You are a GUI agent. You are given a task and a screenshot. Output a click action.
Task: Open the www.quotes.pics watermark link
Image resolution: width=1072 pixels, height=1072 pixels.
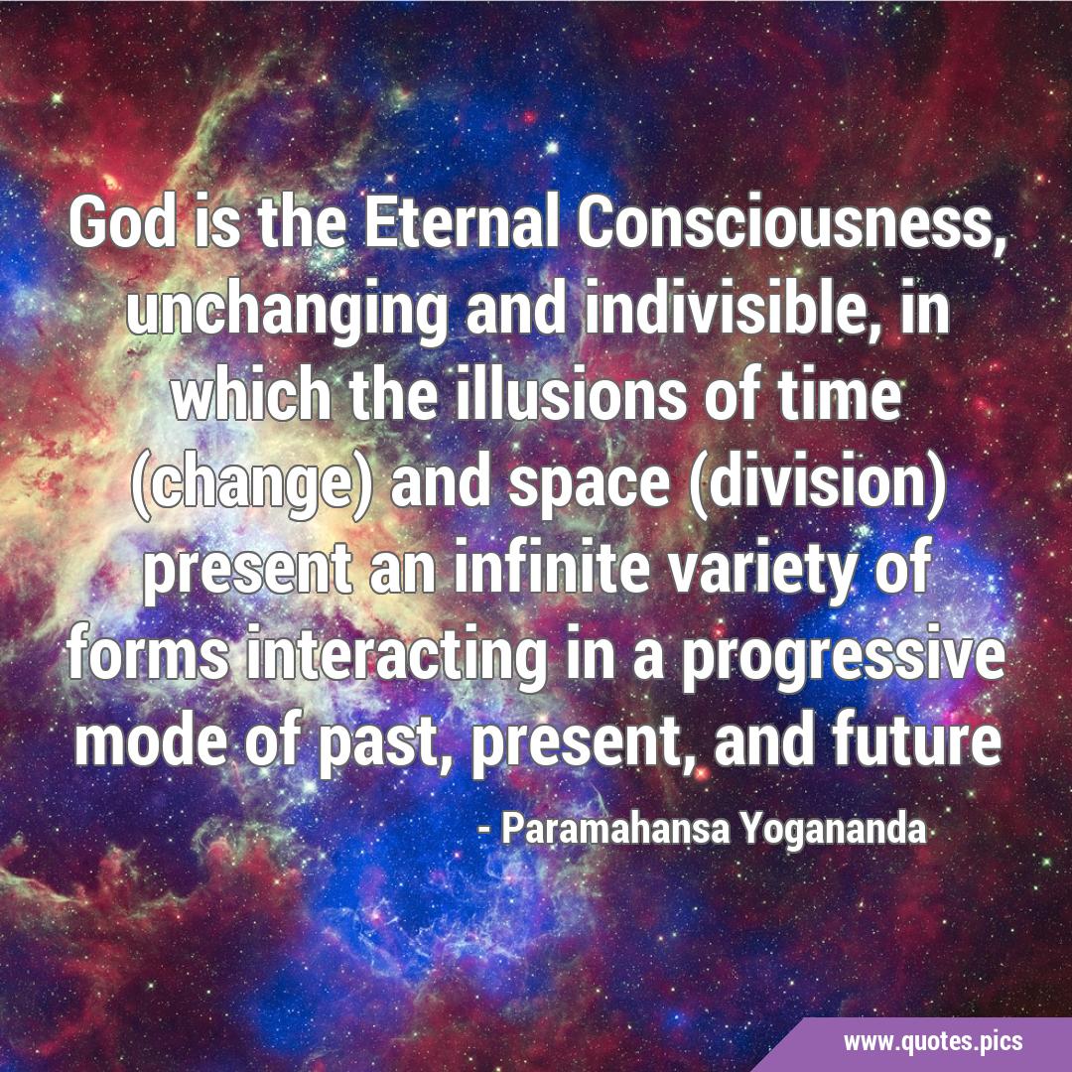click(933, 1042)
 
